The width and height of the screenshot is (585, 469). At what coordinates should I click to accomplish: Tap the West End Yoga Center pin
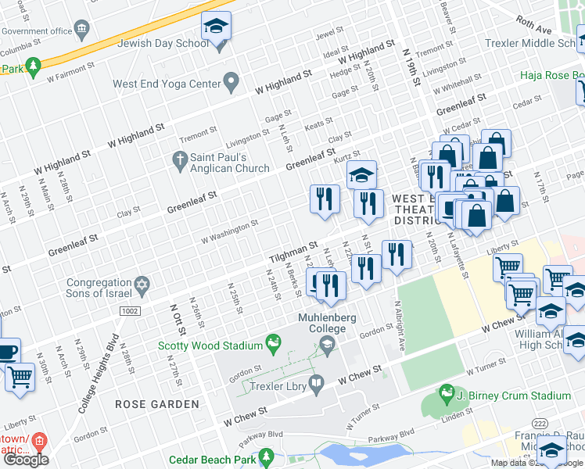click(231, 80)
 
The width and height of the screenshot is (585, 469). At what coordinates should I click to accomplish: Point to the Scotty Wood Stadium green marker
click(272, 341)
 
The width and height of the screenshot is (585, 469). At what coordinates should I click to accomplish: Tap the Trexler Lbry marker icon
click(316, 383)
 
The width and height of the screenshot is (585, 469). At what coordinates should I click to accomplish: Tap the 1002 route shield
click(131, 311)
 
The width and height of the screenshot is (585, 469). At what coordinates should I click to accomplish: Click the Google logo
click(27, 459)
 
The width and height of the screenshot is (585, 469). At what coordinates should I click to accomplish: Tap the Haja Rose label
click(554, 76)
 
